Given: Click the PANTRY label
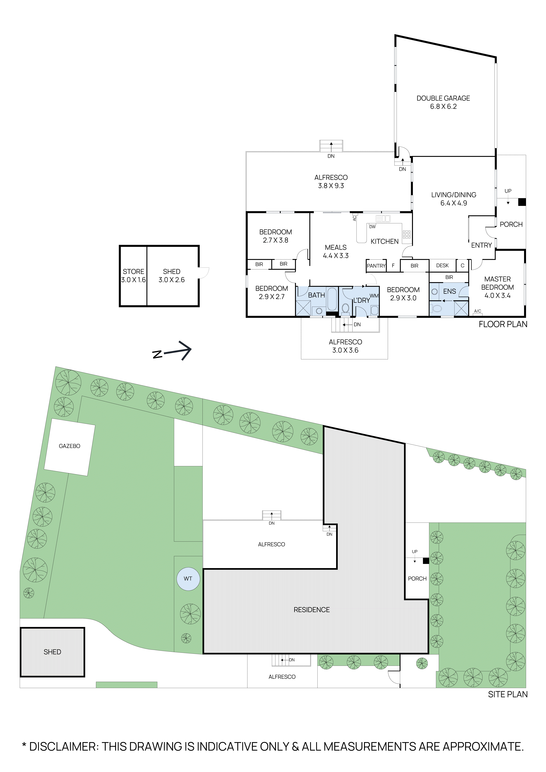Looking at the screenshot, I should [x=376, y=266].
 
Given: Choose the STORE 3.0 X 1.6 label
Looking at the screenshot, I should [x=133, y=275].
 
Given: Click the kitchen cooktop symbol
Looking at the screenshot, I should [x=407, y=234].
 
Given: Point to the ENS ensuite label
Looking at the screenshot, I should [x=449, y=291].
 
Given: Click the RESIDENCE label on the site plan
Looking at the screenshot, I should [x=312, y=610].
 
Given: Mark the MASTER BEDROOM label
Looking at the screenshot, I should [x=497, y=287].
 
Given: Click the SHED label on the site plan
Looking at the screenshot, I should [x=53, y=652].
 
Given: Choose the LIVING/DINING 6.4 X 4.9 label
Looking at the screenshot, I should [x=454, y=199].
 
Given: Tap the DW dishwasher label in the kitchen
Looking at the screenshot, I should [x=372, y=227].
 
